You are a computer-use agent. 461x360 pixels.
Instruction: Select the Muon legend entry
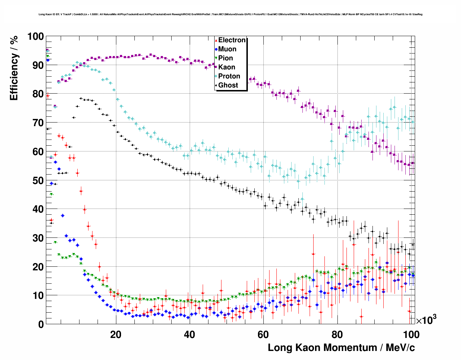[227, 49]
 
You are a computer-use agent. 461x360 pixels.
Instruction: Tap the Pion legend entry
[225, 58]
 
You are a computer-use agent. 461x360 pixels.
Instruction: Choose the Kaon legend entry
[227, 67]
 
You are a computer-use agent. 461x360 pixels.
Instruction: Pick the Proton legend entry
[229, 76]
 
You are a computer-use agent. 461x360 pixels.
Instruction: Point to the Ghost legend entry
[228, 85]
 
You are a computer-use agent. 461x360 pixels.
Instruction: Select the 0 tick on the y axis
[41, 324]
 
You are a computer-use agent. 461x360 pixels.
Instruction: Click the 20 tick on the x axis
[116, 334]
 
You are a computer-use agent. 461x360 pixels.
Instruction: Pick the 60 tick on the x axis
[263, 334]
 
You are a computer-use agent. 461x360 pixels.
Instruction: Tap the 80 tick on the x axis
[337, 334]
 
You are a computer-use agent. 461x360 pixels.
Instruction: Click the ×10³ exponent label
[426, 320]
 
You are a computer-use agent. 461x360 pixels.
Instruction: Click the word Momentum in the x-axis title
[346, 348]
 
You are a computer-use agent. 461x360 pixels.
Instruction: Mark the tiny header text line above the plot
[231, 14]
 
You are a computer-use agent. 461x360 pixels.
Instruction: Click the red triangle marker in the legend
[216, 40]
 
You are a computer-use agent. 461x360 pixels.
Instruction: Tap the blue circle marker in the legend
[216, 49]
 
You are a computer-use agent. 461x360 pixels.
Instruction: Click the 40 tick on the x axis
[189, 334]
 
